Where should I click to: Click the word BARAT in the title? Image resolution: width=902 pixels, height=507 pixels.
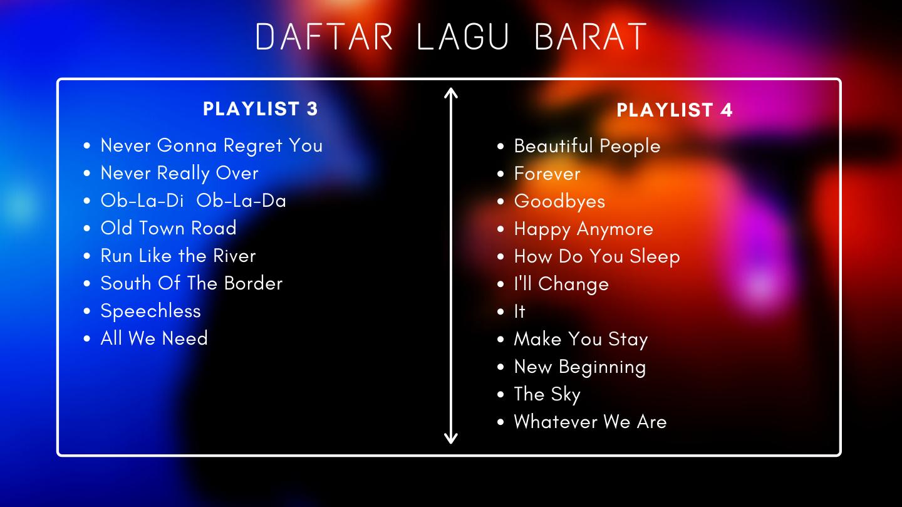590,37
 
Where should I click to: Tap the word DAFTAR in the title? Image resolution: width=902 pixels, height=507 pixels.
324,37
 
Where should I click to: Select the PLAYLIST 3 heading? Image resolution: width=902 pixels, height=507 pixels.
261,109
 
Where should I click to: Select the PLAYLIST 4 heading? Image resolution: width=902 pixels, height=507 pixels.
675,110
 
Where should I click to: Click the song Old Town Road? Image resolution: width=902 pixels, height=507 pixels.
168,227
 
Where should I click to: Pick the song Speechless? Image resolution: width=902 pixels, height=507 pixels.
150,311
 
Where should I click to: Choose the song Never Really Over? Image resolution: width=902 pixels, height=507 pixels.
179,173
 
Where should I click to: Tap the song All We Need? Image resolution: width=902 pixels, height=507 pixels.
154,338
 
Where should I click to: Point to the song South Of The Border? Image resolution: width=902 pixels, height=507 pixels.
192,283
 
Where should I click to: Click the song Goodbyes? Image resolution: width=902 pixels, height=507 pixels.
560,201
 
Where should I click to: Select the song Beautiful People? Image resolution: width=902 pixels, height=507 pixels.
587,146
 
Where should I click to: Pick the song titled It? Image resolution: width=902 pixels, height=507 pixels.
519,311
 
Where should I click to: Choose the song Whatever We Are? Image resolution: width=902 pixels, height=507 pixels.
590,422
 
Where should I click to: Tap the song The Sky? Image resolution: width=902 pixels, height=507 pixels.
547,394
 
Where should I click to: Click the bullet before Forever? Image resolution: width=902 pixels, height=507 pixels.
500,174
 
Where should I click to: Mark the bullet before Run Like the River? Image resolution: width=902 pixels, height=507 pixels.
87,256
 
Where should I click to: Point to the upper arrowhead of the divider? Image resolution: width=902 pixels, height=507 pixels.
450,93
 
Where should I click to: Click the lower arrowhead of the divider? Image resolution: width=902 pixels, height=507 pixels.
450,439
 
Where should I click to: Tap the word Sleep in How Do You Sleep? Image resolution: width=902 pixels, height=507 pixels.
655,257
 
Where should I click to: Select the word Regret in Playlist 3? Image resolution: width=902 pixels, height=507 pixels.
253,146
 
